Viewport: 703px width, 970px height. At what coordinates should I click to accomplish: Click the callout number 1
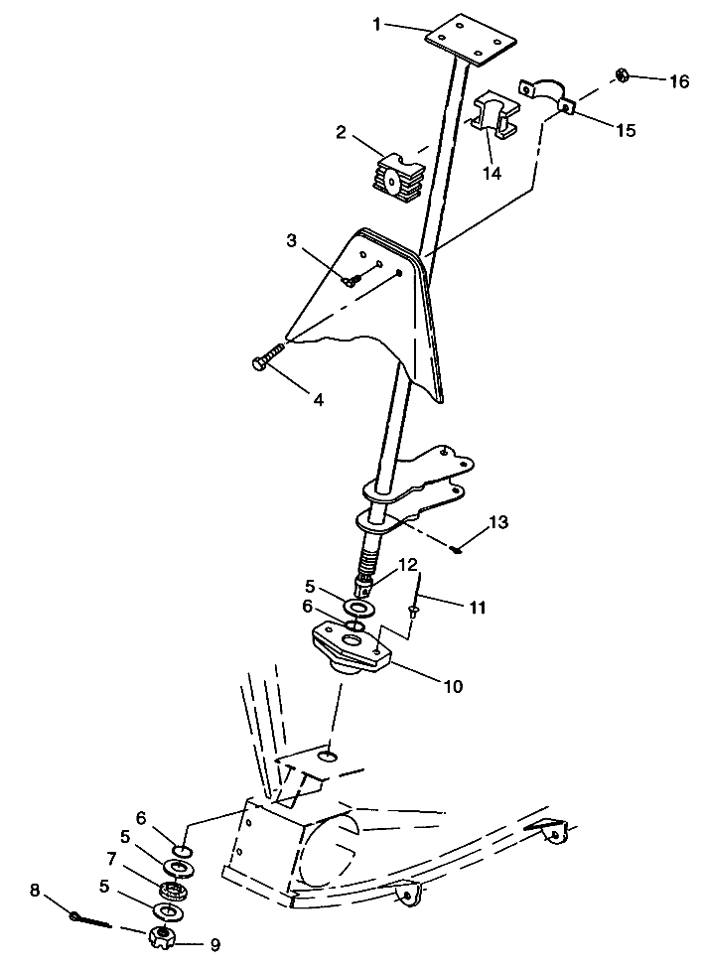(377, 25)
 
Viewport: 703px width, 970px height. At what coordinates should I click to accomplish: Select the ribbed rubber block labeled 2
(399, 174)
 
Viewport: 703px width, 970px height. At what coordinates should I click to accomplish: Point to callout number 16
(678, 81)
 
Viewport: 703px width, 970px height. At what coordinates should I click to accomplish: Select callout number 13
(498, 523)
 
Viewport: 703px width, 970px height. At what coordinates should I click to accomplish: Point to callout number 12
(408, 564)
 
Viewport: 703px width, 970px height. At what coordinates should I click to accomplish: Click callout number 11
(477, 607)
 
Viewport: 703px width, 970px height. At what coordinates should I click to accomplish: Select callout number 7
(111, 859)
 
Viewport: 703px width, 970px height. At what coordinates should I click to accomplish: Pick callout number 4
(318, 400)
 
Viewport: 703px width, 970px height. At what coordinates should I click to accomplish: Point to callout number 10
(454, 686)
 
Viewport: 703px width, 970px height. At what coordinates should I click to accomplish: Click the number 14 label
(492, 173)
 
